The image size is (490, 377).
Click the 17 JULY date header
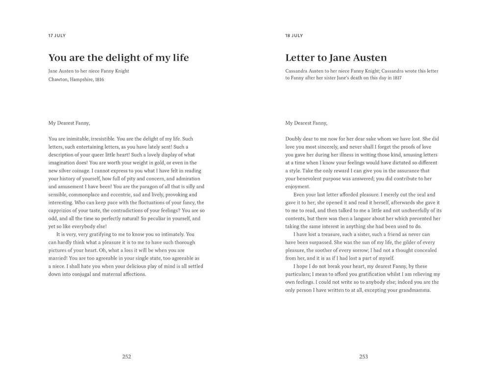click(x=57, y=36)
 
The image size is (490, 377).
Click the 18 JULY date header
click(x=294, y=36)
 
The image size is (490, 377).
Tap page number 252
click(x=126, y=357)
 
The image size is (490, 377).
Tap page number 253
click(x=364, y=357)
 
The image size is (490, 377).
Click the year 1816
click(x=99, y=79)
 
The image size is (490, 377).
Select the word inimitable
click(x=77, y=139)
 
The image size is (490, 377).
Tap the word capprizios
click(x=61, y=210)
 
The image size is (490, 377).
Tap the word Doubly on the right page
click(x=294, y=139)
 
